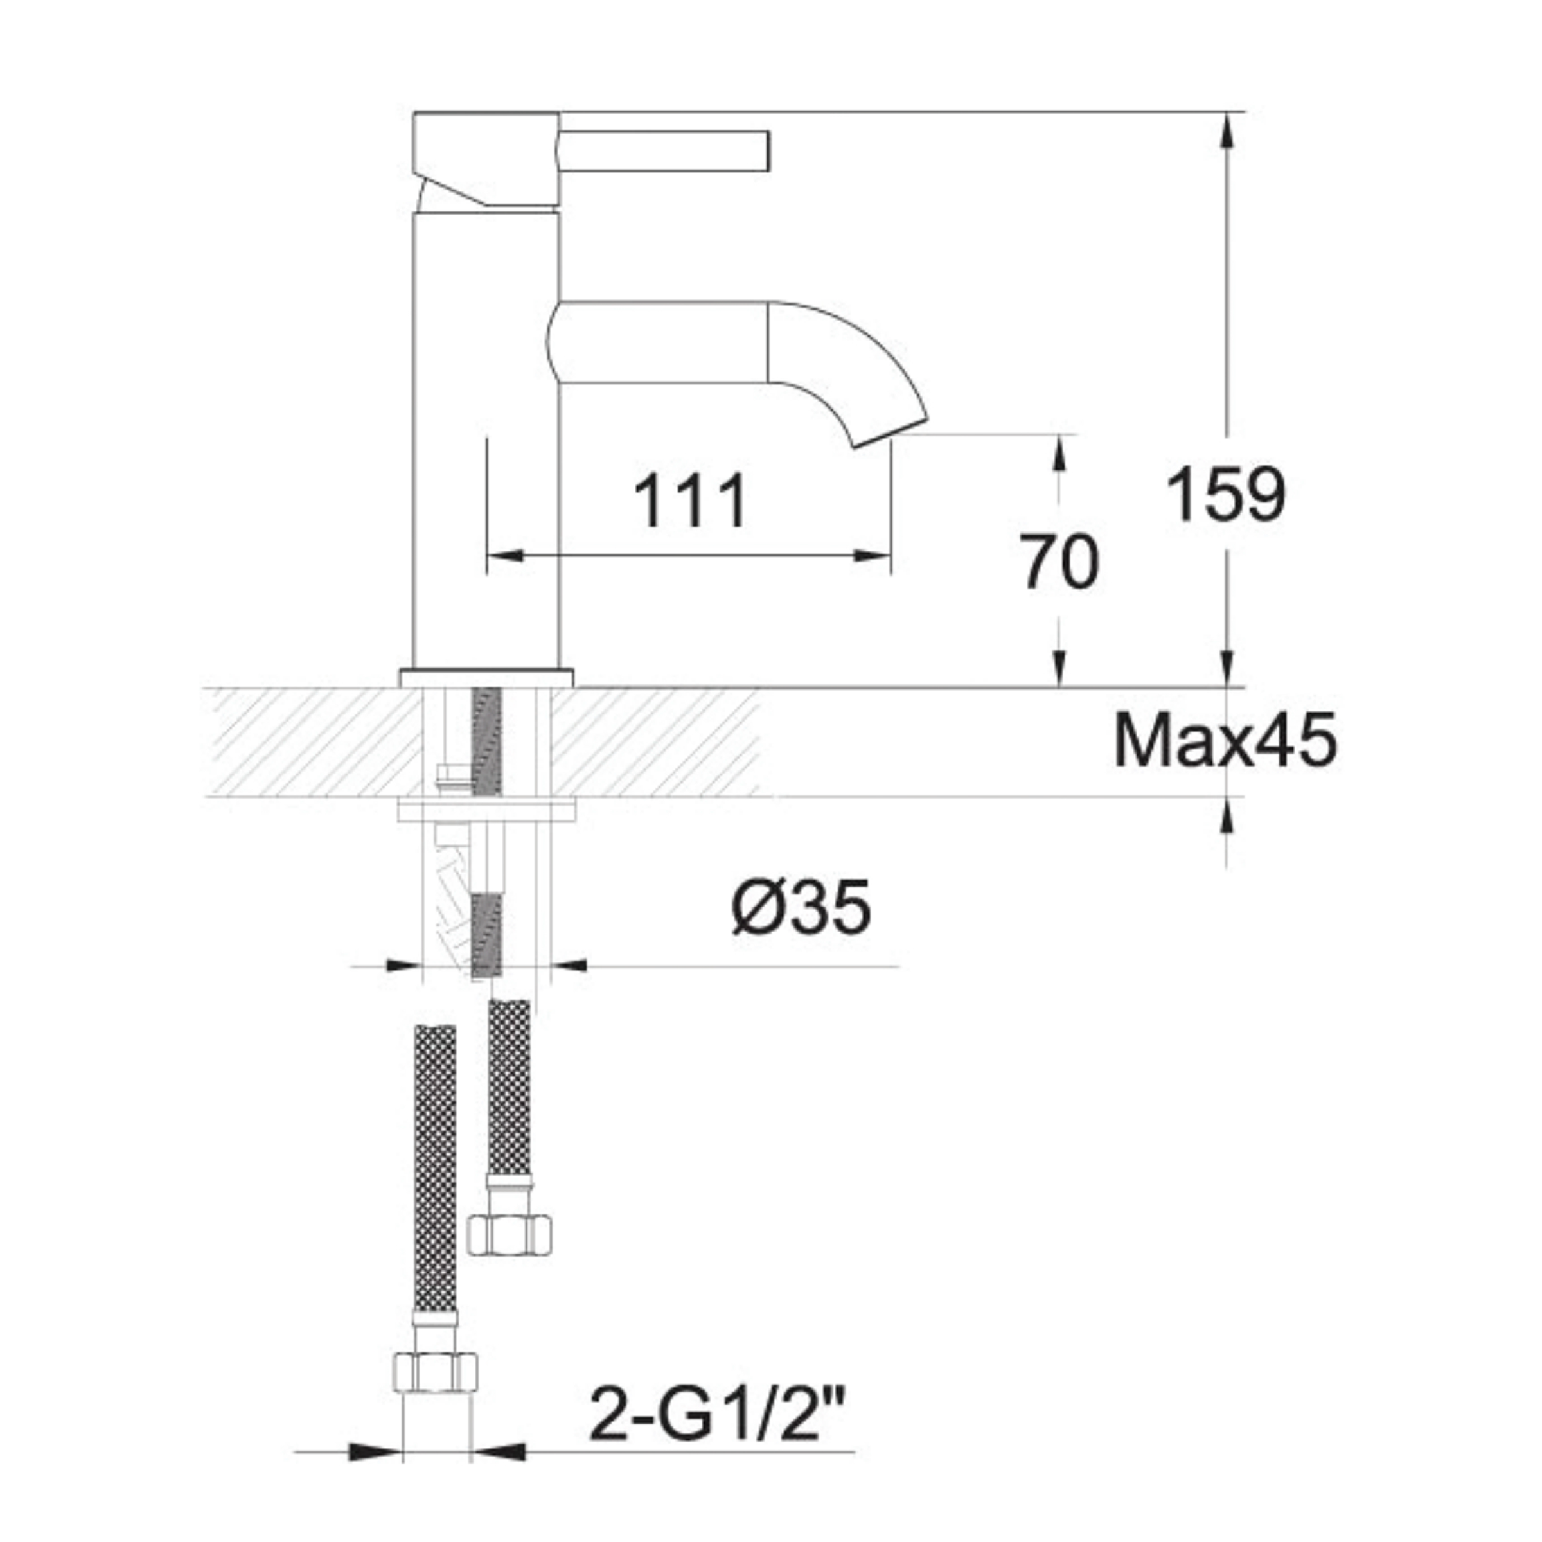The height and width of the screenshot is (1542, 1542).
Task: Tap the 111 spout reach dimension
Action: coord(691,501)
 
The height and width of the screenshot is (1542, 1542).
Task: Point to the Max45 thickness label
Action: coord(1225,742)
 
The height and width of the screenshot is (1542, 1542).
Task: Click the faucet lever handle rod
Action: coord(664,150)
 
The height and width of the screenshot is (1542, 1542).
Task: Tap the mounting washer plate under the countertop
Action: coord(486,811)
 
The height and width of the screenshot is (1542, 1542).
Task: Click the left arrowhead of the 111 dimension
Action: coord(504,556)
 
